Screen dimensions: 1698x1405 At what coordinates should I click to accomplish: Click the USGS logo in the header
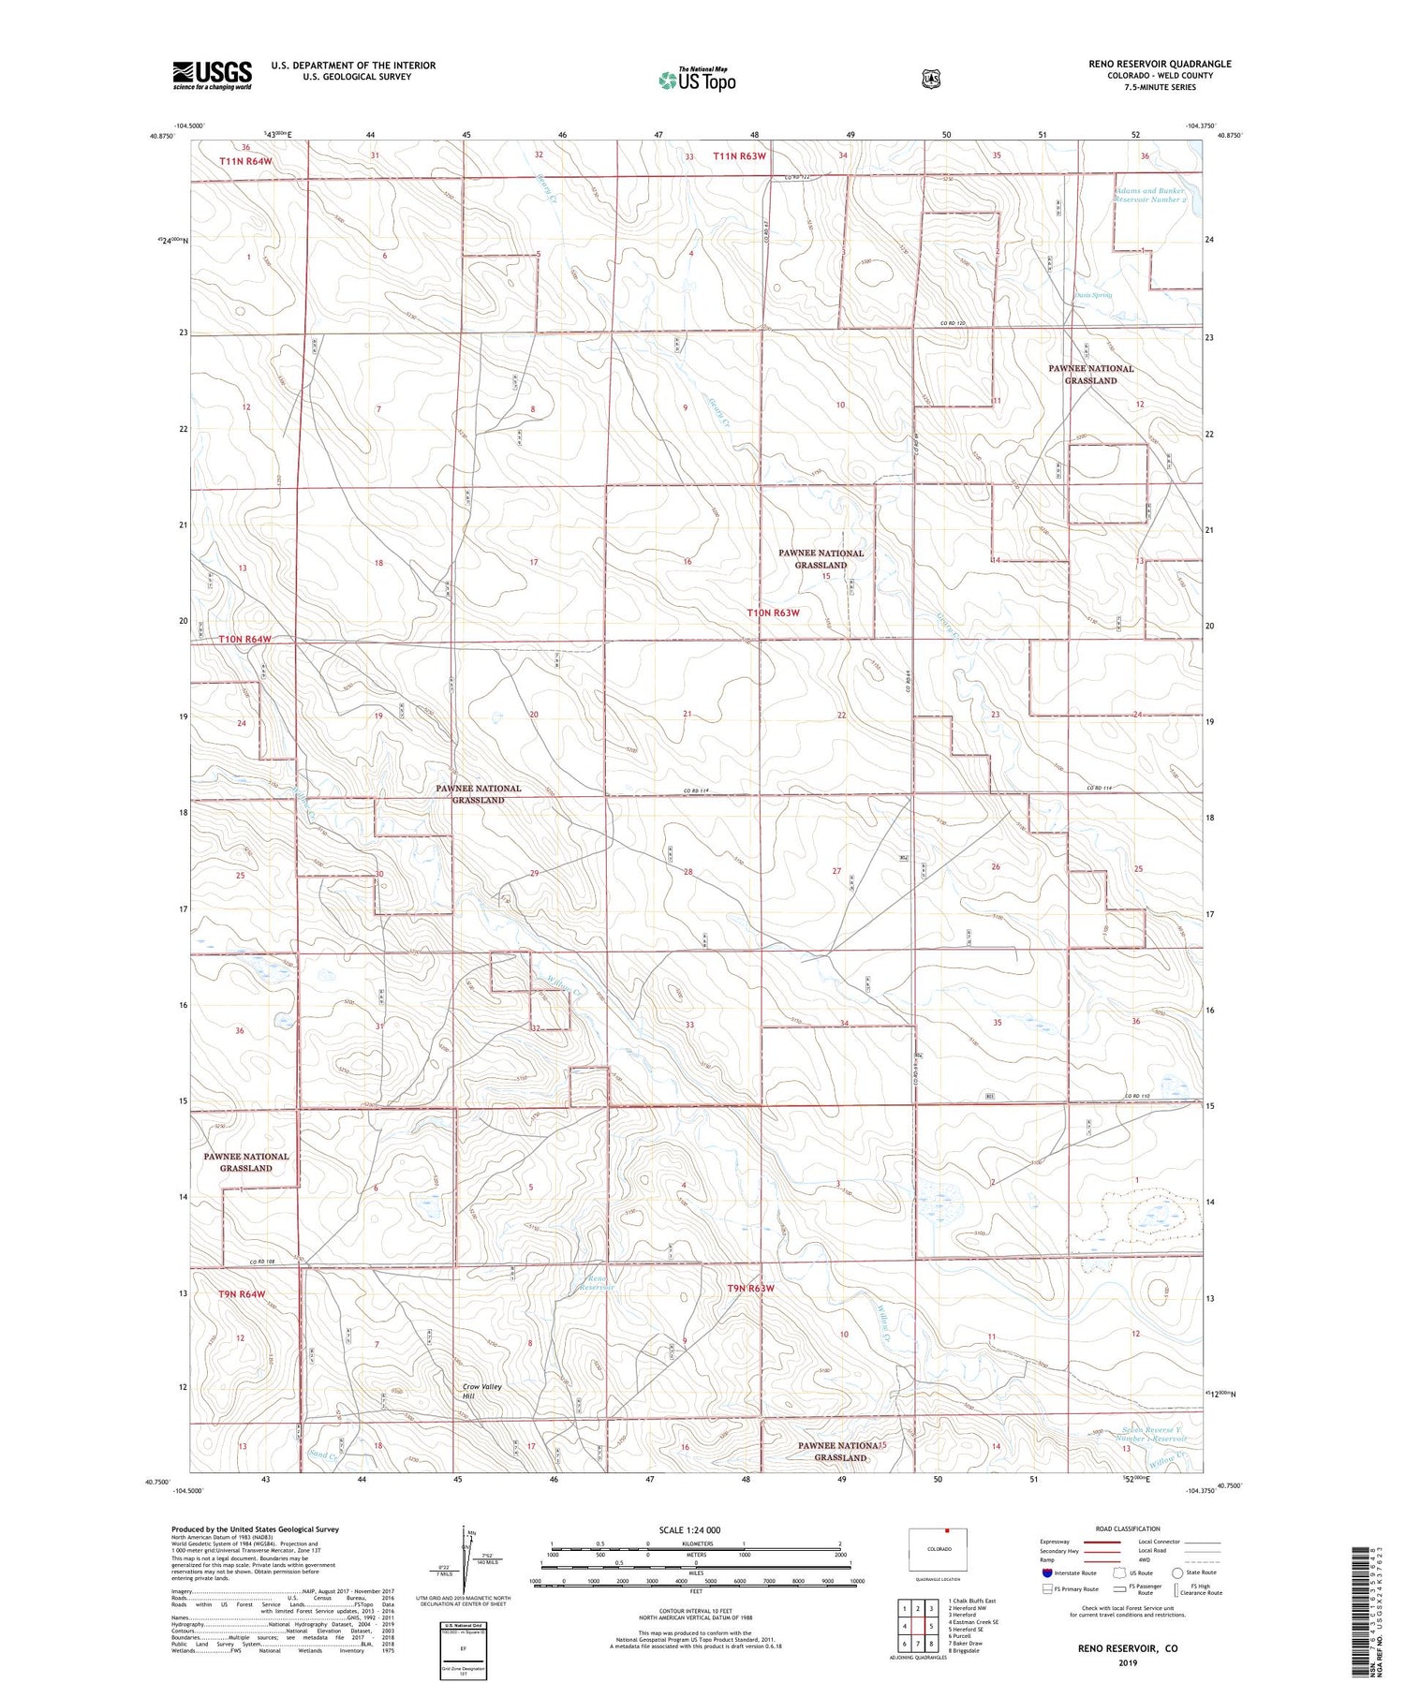(x=212, y=75)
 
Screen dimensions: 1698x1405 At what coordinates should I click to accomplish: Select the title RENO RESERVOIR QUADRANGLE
(x=1160, y=64)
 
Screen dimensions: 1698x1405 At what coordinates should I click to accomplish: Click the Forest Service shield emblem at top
(x=930, y=80)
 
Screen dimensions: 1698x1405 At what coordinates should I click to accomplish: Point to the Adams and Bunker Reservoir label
(x=1150, y=195)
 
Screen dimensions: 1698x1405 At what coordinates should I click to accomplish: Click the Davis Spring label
(x=1092, y=295)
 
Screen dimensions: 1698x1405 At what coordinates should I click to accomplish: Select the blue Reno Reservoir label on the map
(x=597, y=1282)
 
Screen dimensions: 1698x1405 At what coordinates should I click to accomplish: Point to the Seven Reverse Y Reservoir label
(x=1152, y=1434)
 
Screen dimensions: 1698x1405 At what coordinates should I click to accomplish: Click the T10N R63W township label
(x=774, y=613)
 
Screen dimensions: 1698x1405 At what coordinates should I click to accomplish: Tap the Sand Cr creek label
(x=323, y=1454)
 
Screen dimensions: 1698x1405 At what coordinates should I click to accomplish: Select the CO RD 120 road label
(x=952, y=323)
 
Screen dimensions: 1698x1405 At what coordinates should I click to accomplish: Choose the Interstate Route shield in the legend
(x=1047, y=1572)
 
